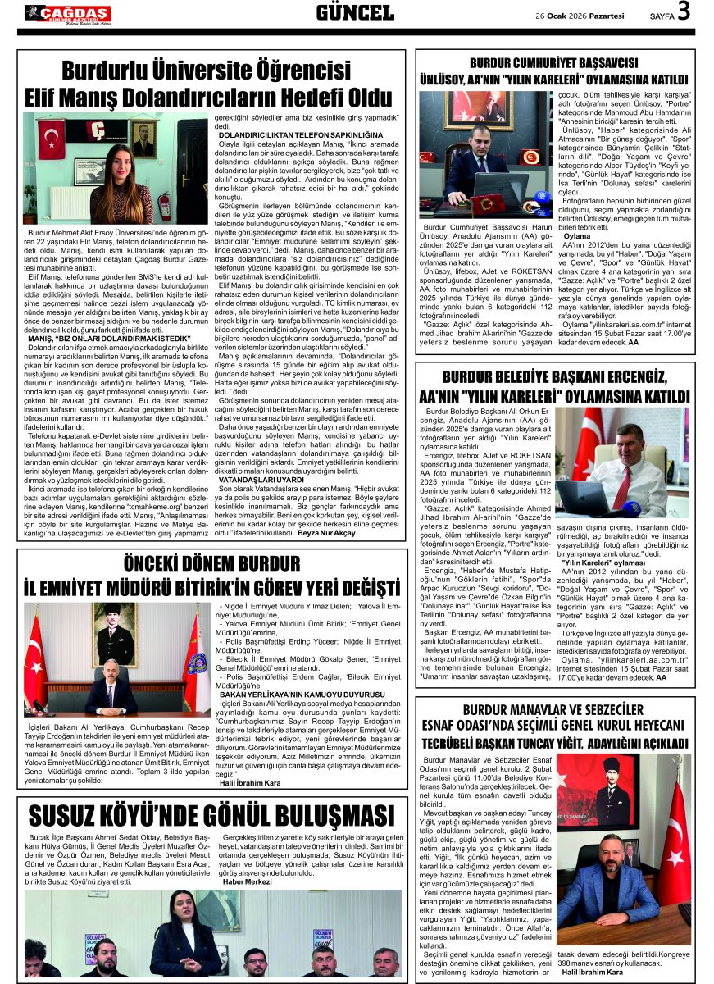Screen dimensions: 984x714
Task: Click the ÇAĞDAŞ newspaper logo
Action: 67,14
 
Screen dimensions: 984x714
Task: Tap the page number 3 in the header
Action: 684,11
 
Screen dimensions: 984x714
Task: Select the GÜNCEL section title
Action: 355,12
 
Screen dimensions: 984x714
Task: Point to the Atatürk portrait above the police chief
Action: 115,635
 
